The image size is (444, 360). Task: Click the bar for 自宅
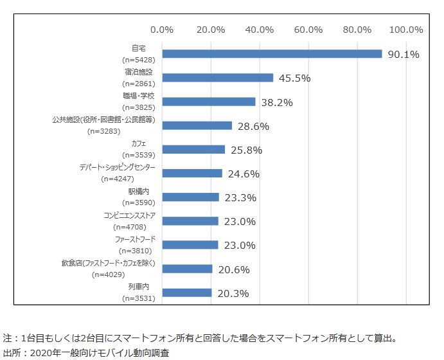click(272, 54)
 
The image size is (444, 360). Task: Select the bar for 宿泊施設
click(218, 78)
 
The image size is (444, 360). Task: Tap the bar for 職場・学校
click(209, 102)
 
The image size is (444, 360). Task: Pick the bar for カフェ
click(193, 150)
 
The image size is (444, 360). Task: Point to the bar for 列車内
click(187, 292)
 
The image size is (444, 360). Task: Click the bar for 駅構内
click(191, 197)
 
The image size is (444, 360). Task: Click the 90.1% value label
click(403, 55)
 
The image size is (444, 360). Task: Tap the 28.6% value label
click(253, 126)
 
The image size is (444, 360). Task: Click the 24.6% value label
click(244, 174)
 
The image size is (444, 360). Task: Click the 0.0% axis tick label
click(162, 30)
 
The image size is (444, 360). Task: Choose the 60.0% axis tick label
click(308, 30)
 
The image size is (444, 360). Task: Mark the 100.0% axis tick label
click(406, 30)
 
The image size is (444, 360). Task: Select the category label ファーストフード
click(134, 240)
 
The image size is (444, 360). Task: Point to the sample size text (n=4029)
click(111, 274)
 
